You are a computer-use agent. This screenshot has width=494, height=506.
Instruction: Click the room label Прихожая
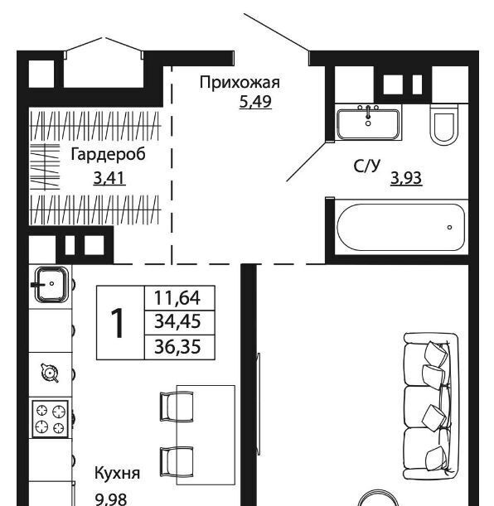pyautogui.click(x=240, y=83)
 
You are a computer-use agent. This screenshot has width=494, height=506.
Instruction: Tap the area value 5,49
pyautogui.click(x=255, y=102)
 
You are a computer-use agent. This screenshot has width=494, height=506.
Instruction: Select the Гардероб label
pyautogui.click(x=108, y=155)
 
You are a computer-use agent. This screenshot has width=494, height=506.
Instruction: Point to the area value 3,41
pyautogui.click(x=109, y=178)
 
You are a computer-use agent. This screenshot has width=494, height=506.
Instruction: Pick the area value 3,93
pyautogui.click(x=406, y=178)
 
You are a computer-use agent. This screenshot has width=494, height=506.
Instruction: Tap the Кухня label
pyautogui.click(x=117, y=473)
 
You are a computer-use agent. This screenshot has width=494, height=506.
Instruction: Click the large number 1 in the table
pyautogui.click(x=118, y=323)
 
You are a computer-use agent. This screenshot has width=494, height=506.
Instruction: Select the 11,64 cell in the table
pyautogui.click(x=177, y=297)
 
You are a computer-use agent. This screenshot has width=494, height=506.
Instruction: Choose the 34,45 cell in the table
pyautogui.click(x=177, y=321)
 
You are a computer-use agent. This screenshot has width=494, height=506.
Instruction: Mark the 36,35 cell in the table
pyautogui.click(x=177, y=347)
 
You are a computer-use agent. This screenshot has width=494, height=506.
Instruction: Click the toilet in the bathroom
pyautogui.click(x=444, y=124)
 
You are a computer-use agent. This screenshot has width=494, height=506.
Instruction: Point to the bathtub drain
pyautogui.click(x=449, y=228)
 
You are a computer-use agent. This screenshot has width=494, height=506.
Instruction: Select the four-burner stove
pyautogui.click(x=50, y=419)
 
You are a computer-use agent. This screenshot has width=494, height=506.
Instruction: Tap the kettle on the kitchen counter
pyautogui.click(x=50, y=373)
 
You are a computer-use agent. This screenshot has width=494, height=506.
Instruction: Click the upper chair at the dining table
pyautogui.click(x=177, y=407)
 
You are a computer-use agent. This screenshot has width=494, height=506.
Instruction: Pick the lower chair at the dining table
pyautogui.click(x=177, y=462)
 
